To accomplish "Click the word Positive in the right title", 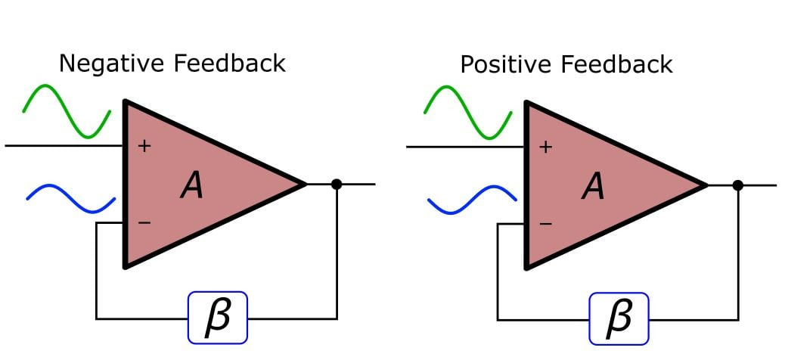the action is pos(507,64).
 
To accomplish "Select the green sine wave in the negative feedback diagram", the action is pos(66,111).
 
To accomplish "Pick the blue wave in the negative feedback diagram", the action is pos(70,199).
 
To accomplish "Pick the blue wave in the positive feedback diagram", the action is pos(472,200).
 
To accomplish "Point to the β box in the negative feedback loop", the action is pos(218,318).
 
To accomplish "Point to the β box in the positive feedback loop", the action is pos(619,319).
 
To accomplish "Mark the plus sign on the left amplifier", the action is pos(144,146).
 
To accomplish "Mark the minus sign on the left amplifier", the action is pos(144,222).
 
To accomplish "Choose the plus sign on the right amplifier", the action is pos(546,147).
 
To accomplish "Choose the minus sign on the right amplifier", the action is pos(546,223).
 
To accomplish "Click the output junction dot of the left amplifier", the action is pos(337,185).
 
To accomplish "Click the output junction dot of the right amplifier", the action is pos(737,185).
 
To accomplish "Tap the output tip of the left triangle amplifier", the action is pos(306,185).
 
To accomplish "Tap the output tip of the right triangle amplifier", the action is pos(707,185).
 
